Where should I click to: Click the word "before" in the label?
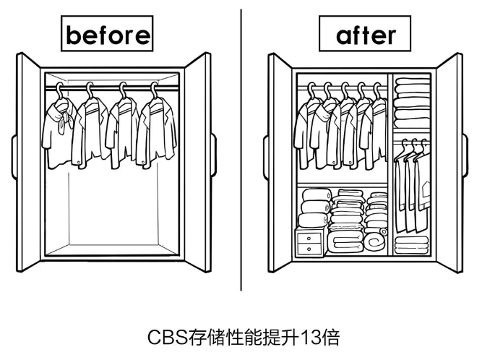[x=108, y=34]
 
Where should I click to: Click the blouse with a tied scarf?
[x=59, y=130]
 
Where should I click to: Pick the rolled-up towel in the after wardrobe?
[x=376, y=239]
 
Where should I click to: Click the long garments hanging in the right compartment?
[x=410, y=181]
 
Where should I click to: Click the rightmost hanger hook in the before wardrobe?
[x=153, y=88]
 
